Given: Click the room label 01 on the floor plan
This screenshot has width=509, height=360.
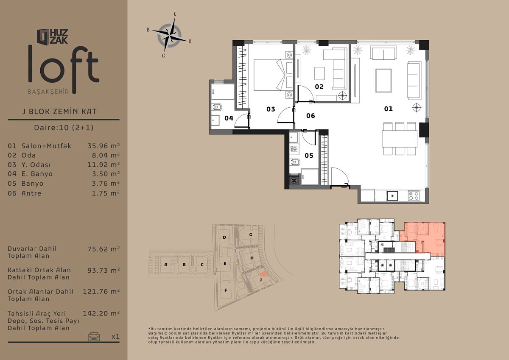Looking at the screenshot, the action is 389,109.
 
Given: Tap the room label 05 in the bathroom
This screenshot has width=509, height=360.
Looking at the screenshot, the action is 309,156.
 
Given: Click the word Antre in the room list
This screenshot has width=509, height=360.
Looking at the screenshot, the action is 31,193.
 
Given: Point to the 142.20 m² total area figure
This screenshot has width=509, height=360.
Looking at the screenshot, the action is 101,313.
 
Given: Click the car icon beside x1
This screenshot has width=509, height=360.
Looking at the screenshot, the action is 94,336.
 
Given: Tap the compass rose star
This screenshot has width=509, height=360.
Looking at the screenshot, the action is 169,36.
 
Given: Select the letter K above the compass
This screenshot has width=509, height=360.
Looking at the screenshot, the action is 175,14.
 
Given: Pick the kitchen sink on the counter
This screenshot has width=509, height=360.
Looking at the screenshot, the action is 392,195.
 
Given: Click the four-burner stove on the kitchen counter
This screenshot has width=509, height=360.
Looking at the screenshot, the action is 414,196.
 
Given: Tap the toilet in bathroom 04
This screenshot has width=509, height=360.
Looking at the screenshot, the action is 216,107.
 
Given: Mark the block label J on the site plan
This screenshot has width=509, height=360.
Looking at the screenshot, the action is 260,279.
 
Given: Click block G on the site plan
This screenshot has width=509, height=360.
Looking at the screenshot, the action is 251,234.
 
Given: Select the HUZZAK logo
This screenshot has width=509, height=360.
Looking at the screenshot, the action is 52,36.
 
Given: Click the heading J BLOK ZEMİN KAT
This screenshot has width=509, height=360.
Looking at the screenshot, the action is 59,112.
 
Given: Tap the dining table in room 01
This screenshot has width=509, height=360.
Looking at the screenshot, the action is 400,139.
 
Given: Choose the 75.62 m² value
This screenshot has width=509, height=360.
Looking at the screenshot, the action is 103,249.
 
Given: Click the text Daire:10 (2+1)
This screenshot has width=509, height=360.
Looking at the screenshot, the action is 64,127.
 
